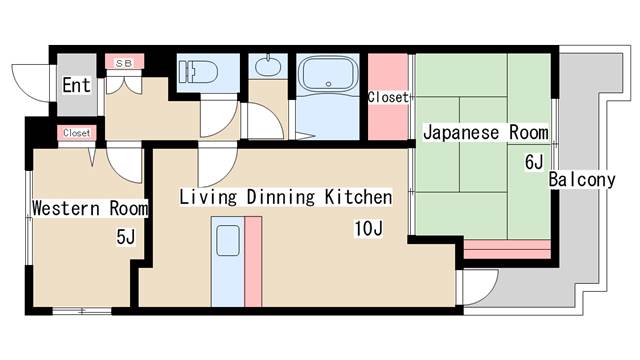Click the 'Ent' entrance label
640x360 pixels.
76,85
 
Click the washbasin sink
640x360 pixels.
266,69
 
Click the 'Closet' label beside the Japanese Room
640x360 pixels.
388,98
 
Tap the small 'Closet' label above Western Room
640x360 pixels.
76,133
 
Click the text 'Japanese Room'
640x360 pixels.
485,132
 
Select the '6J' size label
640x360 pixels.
533,162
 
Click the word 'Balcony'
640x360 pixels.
581,181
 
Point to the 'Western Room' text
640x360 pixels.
90,209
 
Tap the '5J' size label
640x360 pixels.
125,237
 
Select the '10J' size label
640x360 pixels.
367,230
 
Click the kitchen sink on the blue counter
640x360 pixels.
227,241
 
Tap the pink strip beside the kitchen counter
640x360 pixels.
252,260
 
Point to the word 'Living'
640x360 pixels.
207,197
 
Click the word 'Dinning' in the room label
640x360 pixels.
279,197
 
